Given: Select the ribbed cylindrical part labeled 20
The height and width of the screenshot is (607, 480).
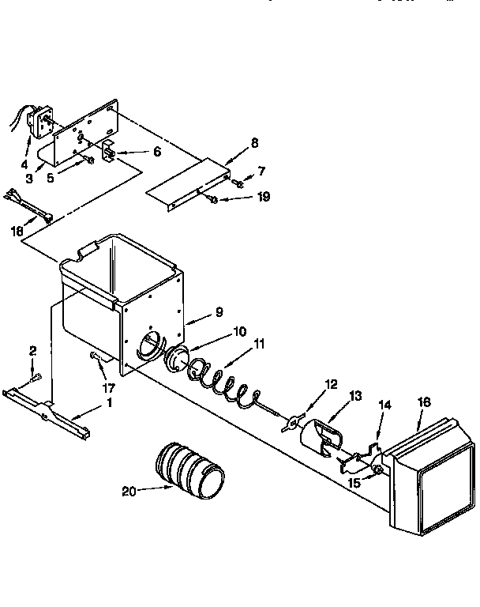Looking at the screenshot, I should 189,472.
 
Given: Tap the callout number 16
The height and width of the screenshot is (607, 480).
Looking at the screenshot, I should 424,402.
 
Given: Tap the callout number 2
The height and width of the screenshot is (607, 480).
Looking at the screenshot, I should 32,349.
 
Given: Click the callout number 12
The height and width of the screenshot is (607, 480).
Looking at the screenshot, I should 331,384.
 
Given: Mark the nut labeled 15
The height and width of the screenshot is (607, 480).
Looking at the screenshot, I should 380,471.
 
